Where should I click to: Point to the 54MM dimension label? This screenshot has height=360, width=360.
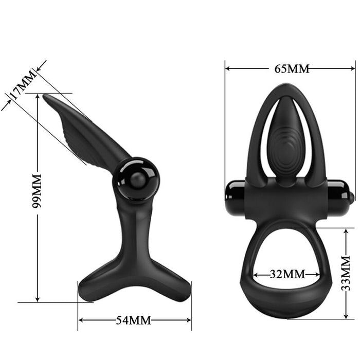coord(133,320)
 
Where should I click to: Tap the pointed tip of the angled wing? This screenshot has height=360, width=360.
coord(45,96)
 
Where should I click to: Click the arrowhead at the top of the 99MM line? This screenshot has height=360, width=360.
coord(38,97)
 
